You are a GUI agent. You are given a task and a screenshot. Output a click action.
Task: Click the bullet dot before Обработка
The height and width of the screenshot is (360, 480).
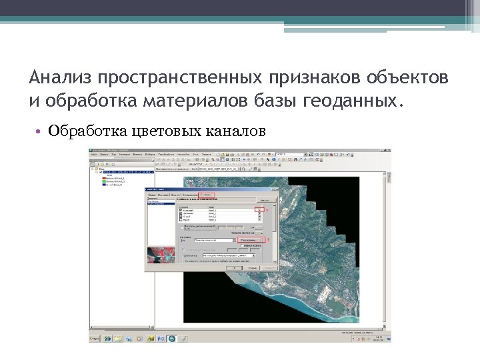pos(41,131)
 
